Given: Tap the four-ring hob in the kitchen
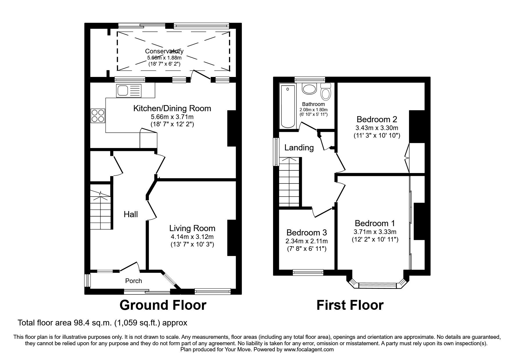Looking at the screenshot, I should click(x=98, y=115).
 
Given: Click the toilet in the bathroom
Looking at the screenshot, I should click(x=326, y=92).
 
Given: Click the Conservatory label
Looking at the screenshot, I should click(x=164, y=51).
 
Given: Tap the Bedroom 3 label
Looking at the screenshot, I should click(x=306, y=233).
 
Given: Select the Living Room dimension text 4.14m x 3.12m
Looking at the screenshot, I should click(x=192, y=237).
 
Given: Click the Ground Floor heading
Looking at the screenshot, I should click(x=163, y=305).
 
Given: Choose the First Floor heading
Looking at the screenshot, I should click(x=350, y=305).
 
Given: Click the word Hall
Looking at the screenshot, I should click(x=131, y=215).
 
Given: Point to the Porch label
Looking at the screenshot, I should click(x=134, y=281).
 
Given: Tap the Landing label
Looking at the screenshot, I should click(x=299, y=148).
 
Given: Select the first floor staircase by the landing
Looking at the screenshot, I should click(x=289, y=181).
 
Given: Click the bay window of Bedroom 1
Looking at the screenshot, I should click(x=377, y=285).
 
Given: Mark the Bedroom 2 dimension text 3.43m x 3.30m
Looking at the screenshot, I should click(x=377, y=128).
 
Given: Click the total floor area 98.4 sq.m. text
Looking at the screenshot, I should click(x=102, y=323).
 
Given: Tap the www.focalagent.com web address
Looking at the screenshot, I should click(x=309, y=350).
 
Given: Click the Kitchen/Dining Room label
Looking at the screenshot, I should click(x=172, y=109).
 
